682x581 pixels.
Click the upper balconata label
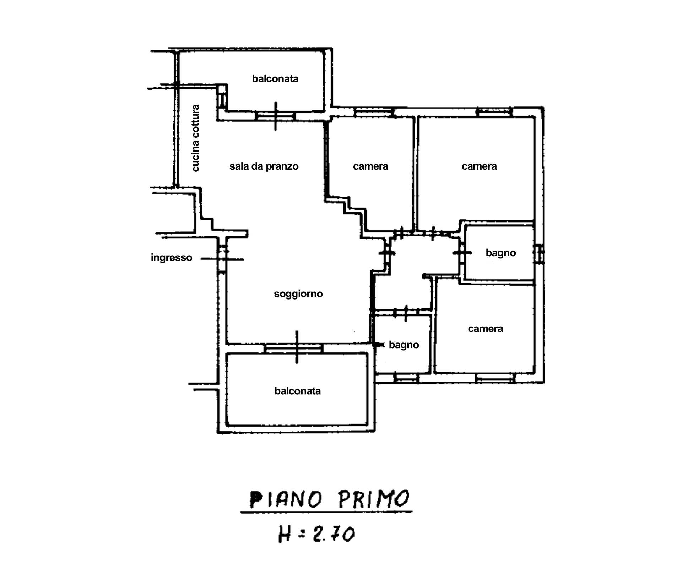coord(275,78)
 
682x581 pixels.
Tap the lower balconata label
coord(297,391)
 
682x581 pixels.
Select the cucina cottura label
coord(195,138)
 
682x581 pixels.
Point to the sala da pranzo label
coord(264,166)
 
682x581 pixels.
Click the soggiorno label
coord(298,294)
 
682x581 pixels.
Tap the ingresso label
coord(172,257)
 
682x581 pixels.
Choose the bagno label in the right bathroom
coord(500,253)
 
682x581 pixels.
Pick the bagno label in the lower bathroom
coord(404,345)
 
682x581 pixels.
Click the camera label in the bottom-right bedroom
coord(485,329)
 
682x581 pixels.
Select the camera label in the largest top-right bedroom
coord(479,166)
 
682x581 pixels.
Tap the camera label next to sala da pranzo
coord(370,166)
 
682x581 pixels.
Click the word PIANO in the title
coord(286,499)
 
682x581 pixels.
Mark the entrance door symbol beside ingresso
coord(222,259)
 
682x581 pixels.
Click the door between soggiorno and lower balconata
coord(294,348)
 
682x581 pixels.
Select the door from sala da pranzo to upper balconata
coord(276,116)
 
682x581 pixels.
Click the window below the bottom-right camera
coord(495,378)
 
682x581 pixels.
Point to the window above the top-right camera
coord(494,111)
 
